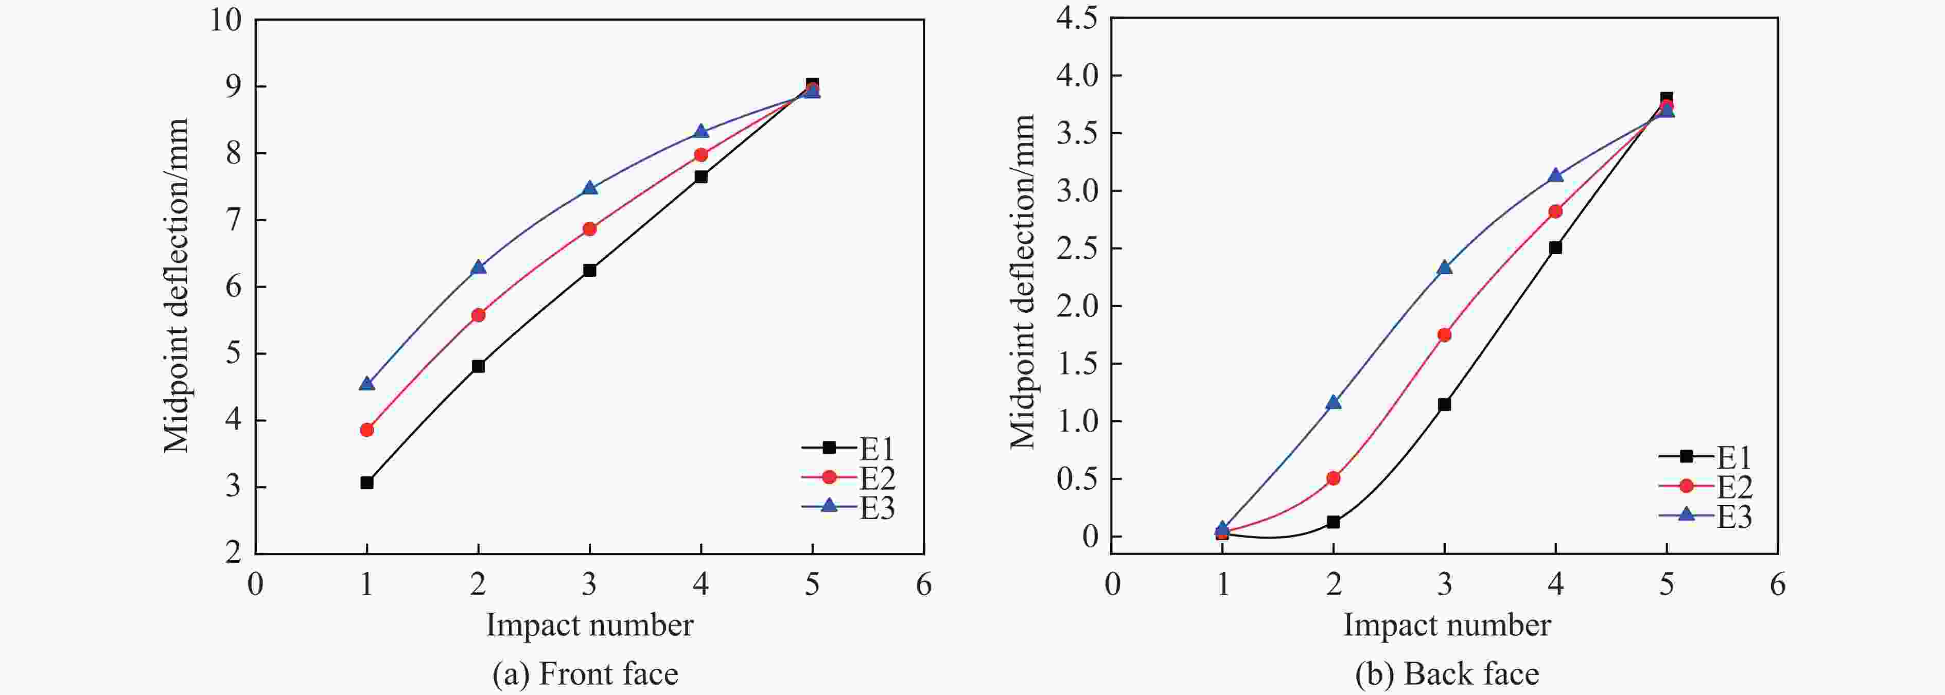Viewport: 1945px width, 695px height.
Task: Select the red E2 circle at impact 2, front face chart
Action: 478,315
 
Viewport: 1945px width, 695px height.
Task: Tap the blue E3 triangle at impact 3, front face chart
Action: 590,188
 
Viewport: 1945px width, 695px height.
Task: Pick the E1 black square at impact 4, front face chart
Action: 700,176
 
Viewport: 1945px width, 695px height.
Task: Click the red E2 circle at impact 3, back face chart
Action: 1444,335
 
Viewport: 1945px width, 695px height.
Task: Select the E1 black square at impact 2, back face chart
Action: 1334,522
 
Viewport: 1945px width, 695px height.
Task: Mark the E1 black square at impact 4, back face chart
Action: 1555,247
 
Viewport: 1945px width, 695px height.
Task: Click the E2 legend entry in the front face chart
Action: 849,478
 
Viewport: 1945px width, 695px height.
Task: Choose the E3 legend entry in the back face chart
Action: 1706,517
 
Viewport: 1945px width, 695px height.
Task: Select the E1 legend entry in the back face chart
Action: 1706,456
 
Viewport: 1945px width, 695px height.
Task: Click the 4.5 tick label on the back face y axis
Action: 1077,18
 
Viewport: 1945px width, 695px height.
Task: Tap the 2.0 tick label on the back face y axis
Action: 1077,307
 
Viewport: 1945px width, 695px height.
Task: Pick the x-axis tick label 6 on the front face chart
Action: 923,585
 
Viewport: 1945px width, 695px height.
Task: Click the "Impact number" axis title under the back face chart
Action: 1447,625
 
